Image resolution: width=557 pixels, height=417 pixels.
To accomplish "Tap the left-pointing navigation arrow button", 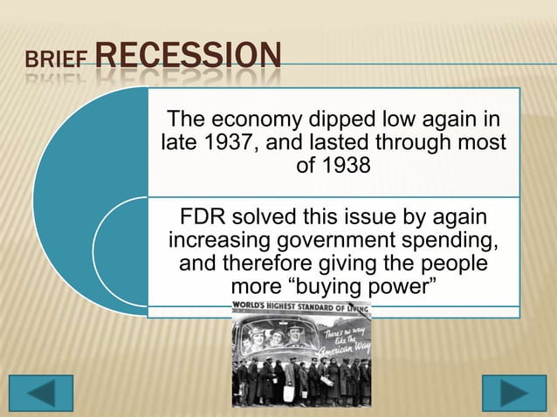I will [x=41, y=393].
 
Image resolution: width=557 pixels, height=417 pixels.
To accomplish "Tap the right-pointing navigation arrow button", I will [x=514, y=393].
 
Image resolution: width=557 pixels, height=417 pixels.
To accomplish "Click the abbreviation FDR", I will [x=202, y=215].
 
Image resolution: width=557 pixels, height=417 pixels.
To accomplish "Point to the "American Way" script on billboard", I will [x=345, y=338].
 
